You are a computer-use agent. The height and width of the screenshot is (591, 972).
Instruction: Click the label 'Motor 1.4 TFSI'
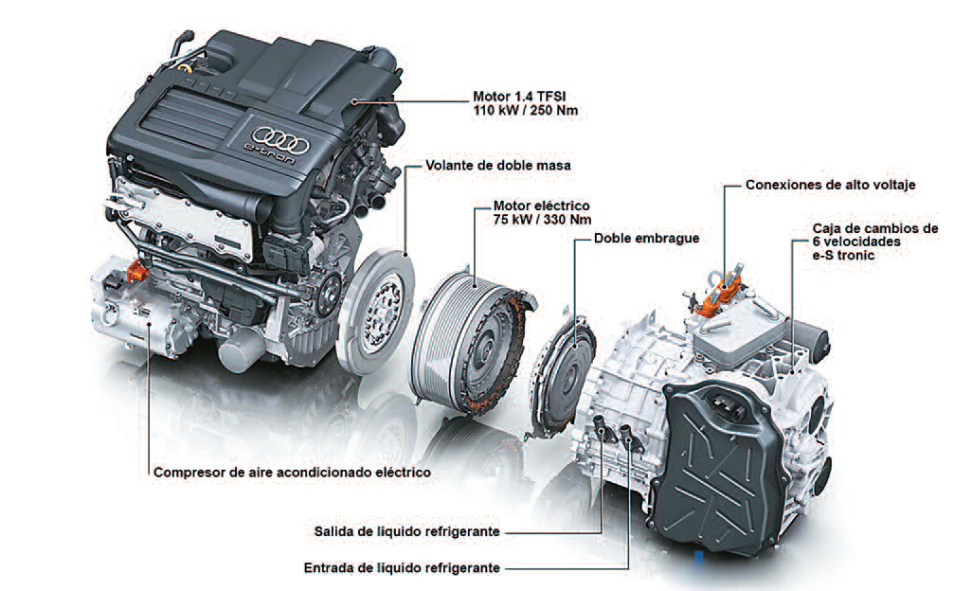click(x=520, y=97)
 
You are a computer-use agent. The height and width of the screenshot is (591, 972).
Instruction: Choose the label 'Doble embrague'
click(x=646, y=239)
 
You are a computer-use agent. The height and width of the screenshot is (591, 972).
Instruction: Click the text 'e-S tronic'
click(x=845, y=257)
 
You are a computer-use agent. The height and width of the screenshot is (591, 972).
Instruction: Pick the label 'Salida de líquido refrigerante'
click(x=406, y=532)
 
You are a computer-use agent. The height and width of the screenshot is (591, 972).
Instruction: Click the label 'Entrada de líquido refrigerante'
click(x=402, y=567)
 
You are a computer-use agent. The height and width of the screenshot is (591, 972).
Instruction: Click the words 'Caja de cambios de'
click(x=875, y=228)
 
